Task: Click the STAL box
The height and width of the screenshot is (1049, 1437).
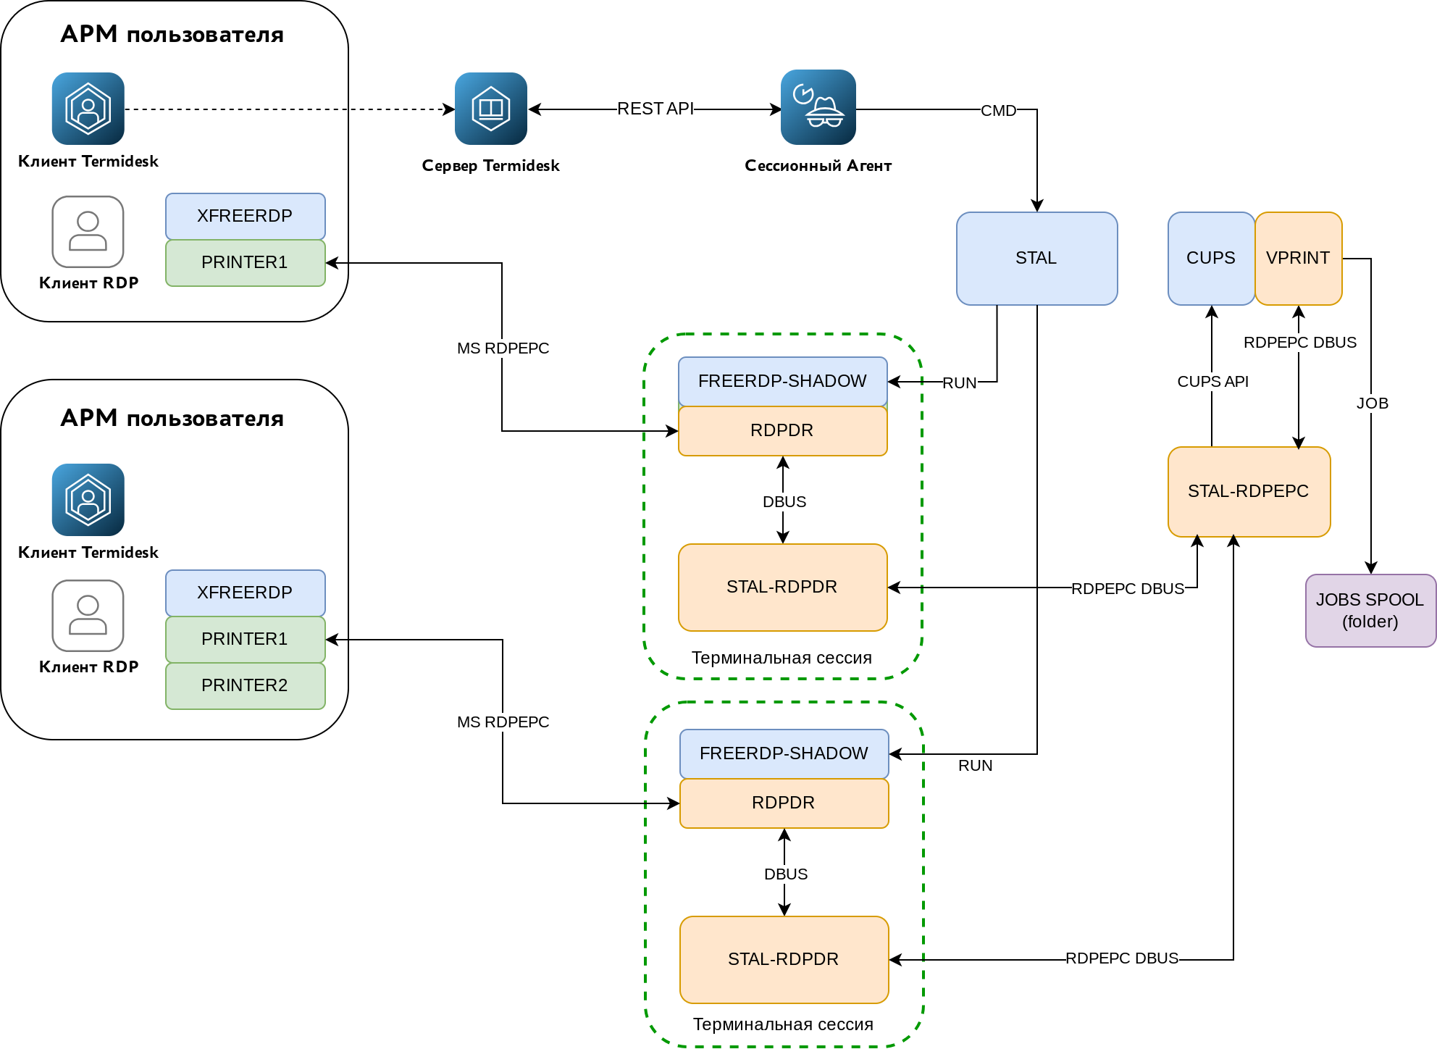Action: [1036, 259]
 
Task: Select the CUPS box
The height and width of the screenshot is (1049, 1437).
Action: [1210, 259]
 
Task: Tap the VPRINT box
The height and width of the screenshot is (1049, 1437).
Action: [1298, 259]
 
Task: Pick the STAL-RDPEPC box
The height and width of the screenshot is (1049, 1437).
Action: [1249, 492]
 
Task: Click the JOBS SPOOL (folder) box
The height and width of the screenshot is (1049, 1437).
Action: [1370, 611]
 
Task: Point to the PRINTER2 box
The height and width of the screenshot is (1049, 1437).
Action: [245, 686]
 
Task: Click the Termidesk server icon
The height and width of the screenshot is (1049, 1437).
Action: [491, 109]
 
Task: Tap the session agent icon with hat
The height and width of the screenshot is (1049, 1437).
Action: [818, 107]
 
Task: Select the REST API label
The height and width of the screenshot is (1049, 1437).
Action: [655, 109]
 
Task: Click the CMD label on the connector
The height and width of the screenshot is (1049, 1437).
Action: [998, 111]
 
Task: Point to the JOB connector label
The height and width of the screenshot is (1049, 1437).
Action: [1372, 404]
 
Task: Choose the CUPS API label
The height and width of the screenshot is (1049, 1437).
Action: [1212, 382]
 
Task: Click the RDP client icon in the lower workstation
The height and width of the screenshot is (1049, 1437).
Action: [88, 616]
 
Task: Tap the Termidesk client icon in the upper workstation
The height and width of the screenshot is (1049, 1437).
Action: [88, 109]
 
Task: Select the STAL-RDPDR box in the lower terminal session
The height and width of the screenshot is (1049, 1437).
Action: [784, 960]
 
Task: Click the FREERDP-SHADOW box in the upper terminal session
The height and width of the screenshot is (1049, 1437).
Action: [782, 381]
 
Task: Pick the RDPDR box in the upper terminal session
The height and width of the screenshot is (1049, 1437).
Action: [782, 431]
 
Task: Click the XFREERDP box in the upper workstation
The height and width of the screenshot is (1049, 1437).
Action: [245, 216]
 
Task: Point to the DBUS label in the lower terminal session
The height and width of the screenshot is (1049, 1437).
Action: [786, 874]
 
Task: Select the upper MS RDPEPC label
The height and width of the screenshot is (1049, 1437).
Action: [503, 348]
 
